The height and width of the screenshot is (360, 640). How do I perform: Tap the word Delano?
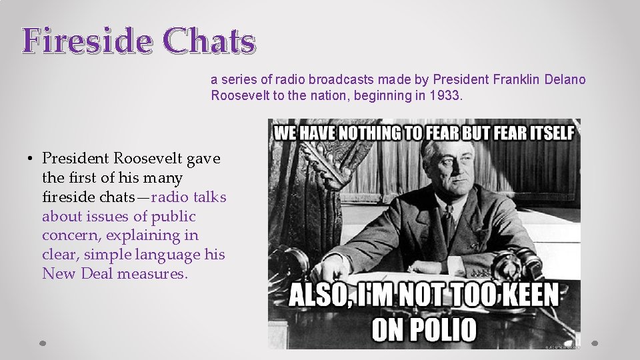point(566,80)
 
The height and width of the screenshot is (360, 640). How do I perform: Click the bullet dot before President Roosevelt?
point(31,159)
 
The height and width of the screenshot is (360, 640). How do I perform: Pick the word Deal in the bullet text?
point(89,273)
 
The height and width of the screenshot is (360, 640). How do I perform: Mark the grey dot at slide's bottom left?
point(43,343)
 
